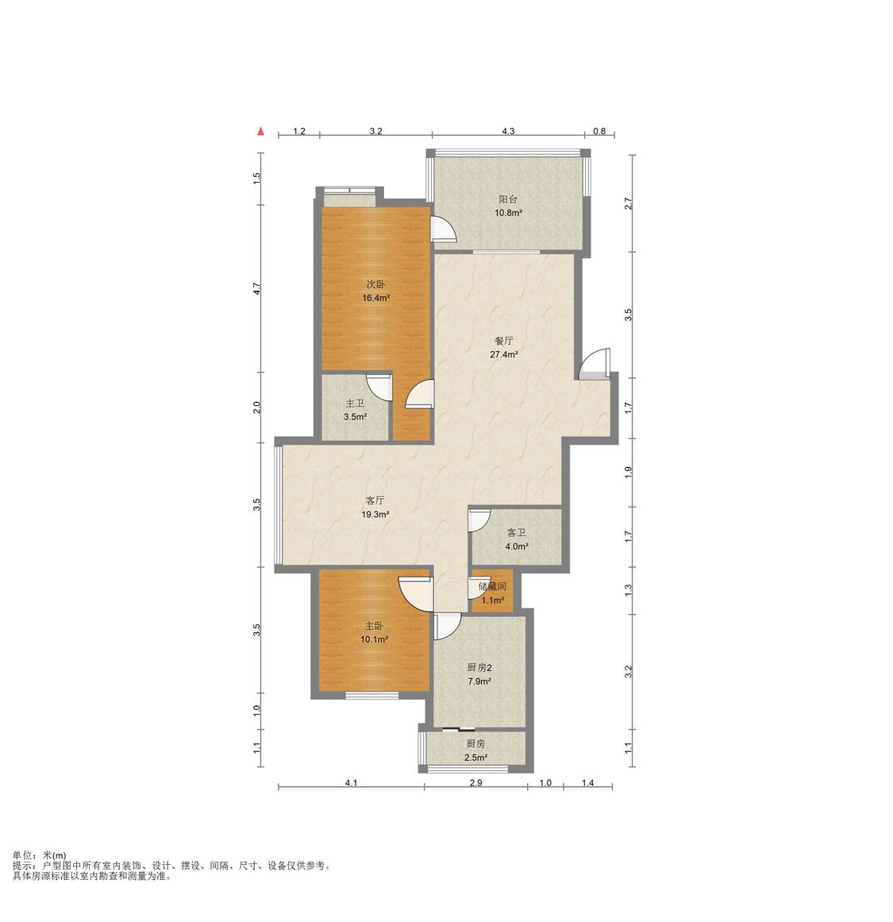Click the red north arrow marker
pos(260,131)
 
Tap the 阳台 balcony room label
pos(508,199)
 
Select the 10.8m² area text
pos(508,213)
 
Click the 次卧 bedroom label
pos(375,284)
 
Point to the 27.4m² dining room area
pos(504,354)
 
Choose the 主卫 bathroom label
pos(355,403)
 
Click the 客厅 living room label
pos(375,500)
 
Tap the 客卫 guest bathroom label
pos(517,533)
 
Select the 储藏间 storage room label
pos(493,586)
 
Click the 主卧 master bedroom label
pos(374,626)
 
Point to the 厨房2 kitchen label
pos(479,667)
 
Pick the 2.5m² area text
pos(475,758)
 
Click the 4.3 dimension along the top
pos(508,131)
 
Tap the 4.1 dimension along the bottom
pos(351,783)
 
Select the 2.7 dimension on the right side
pos(628,203)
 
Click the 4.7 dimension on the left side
pos(256,289)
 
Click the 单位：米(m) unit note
pos(40,855)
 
